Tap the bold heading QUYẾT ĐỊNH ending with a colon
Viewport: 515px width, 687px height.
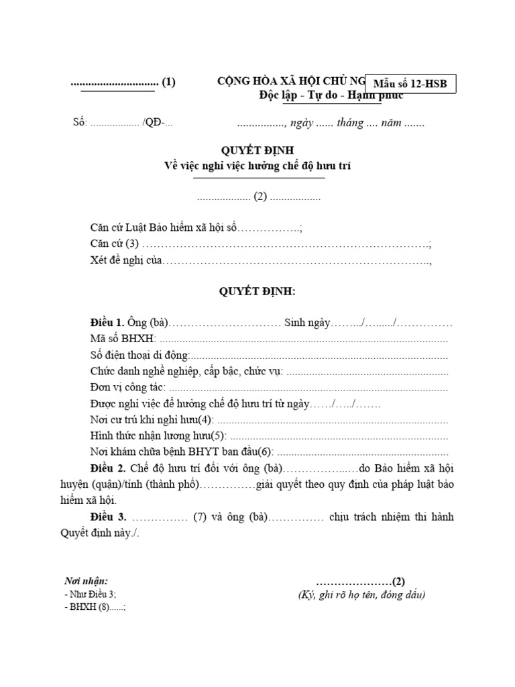(257, 292)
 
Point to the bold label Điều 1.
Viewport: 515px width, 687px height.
(107, 323)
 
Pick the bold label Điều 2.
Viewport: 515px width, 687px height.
(107, 468)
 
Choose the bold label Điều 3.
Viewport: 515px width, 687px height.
(107, 517)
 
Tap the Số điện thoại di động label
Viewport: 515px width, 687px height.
(139, 356)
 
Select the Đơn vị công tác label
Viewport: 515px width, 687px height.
(127, 388)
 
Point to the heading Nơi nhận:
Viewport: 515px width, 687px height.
(86, 581)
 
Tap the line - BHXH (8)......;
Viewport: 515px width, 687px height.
(95, 607)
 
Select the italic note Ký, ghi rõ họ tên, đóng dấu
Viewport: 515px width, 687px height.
(361, 594)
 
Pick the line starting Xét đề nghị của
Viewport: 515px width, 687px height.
(127, 260)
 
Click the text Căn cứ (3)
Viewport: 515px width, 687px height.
(114, 244)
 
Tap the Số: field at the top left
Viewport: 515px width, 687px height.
(80, 123)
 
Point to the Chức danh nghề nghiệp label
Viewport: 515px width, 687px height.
(186, 372)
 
